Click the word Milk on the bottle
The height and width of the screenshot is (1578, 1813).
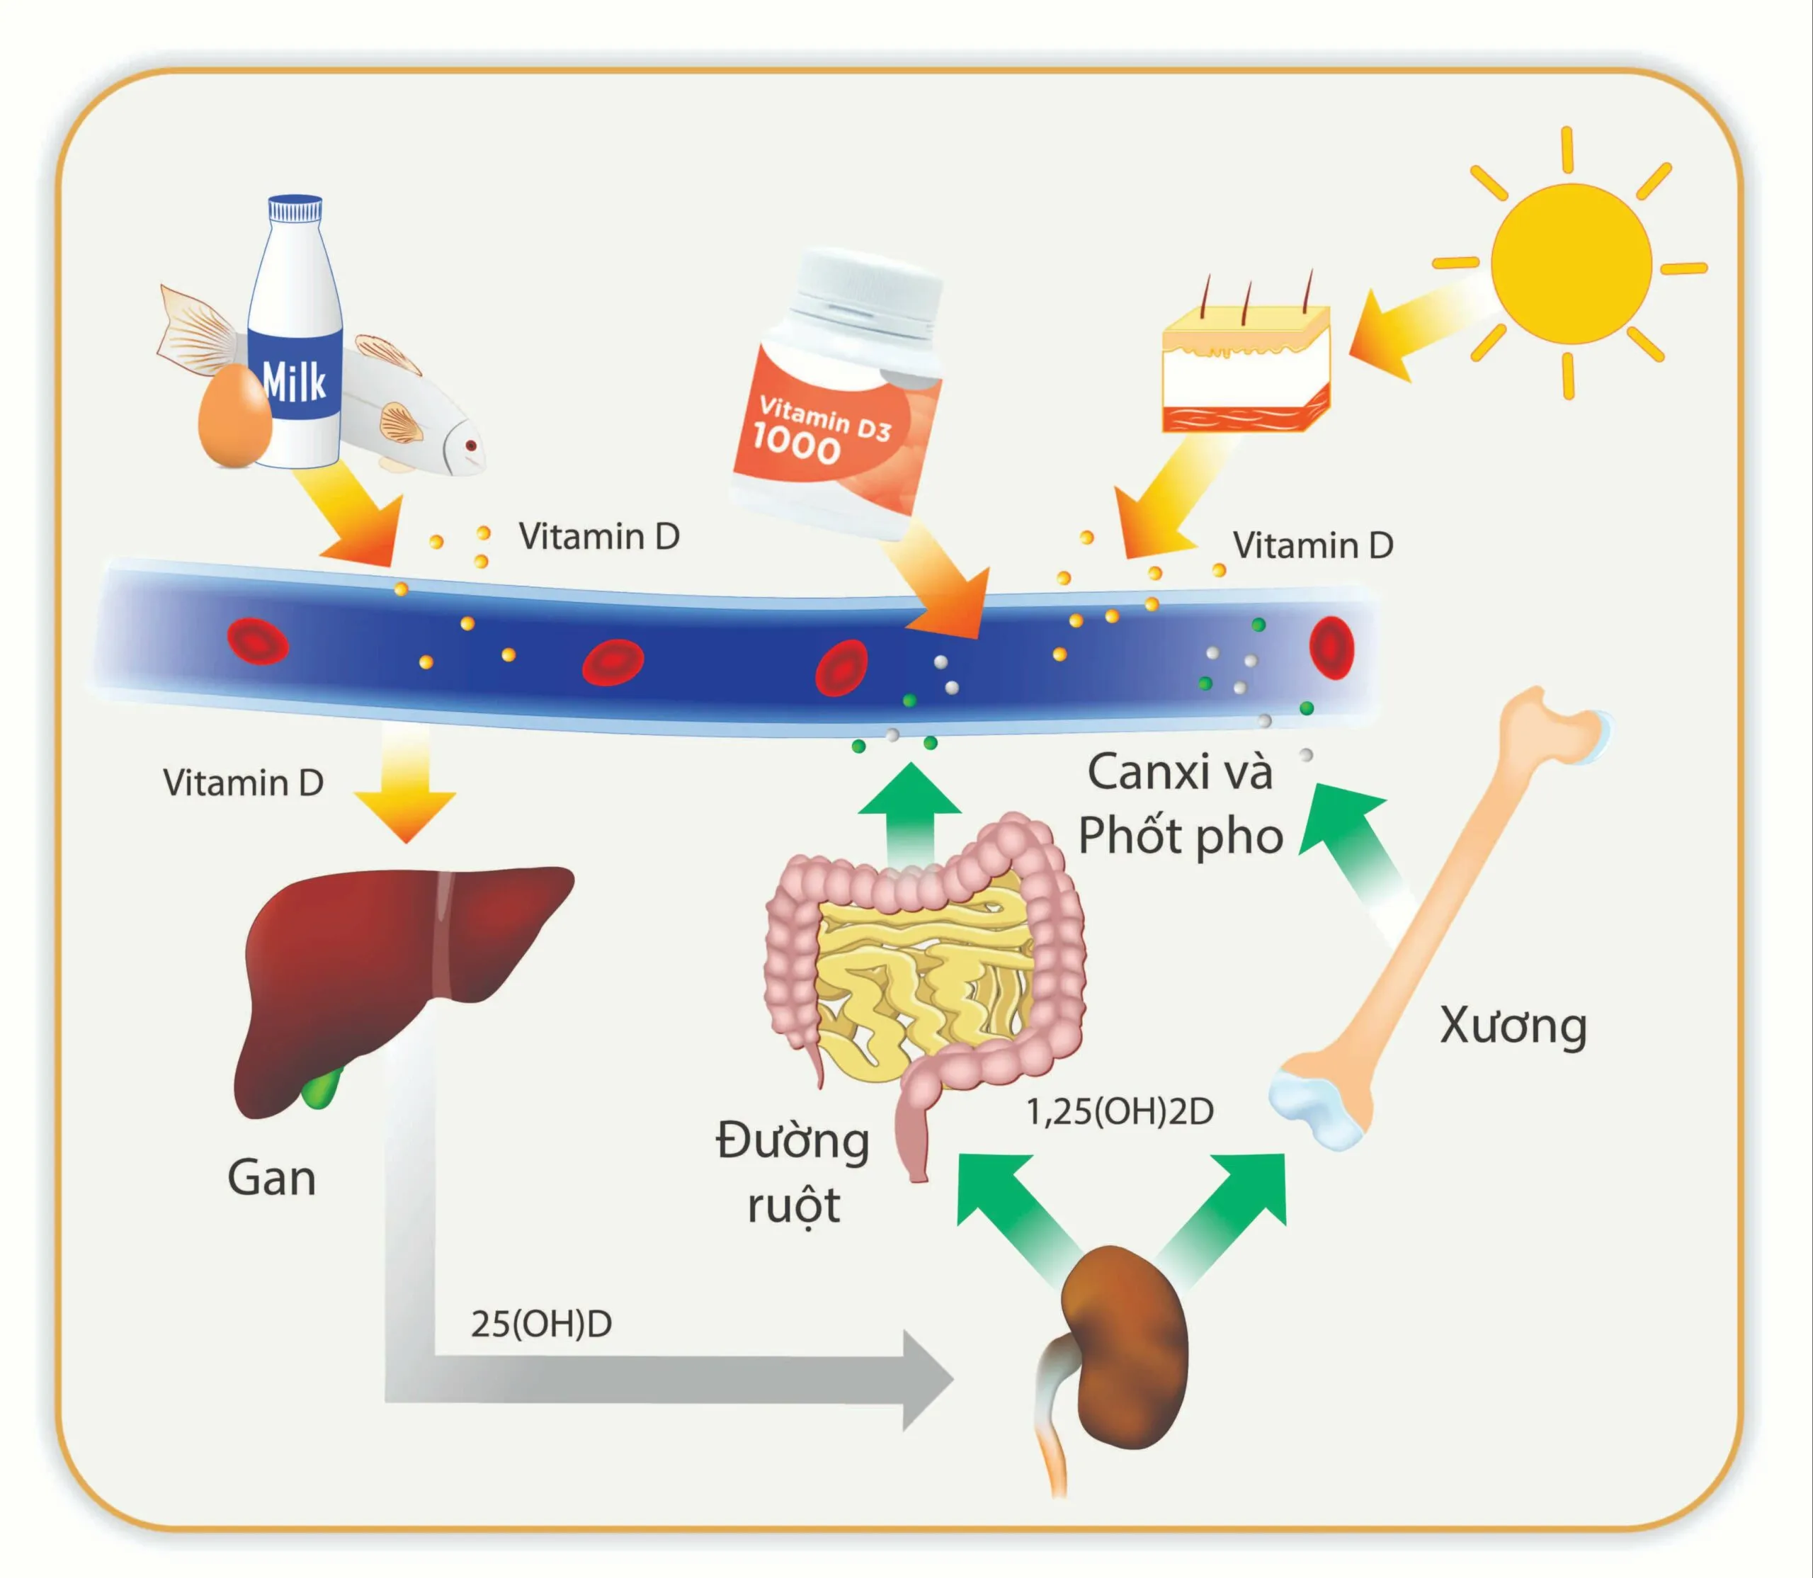point(294,380)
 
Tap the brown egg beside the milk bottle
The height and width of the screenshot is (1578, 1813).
point(233,416)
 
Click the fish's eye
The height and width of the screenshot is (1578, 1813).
point(470,445)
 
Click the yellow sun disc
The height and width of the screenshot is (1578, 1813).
point(1571,263)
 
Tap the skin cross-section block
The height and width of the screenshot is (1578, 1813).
point(1246,370)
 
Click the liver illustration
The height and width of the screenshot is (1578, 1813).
point(387,977)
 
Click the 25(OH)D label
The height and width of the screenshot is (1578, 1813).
point(540,1324)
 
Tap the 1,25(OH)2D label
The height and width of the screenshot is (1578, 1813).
point(1119,1112)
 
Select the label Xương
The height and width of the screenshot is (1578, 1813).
point(1513,1026)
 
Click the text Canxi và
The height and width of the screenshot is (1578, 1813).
point(1180,772)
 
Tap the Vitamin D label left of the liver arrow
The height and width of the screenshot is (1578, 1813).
point(243,783)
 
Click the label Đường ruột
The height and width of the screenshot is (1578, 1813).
point(792,1172)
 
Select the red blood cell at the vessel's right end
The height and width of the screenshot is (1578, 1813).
point(1331,647)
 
